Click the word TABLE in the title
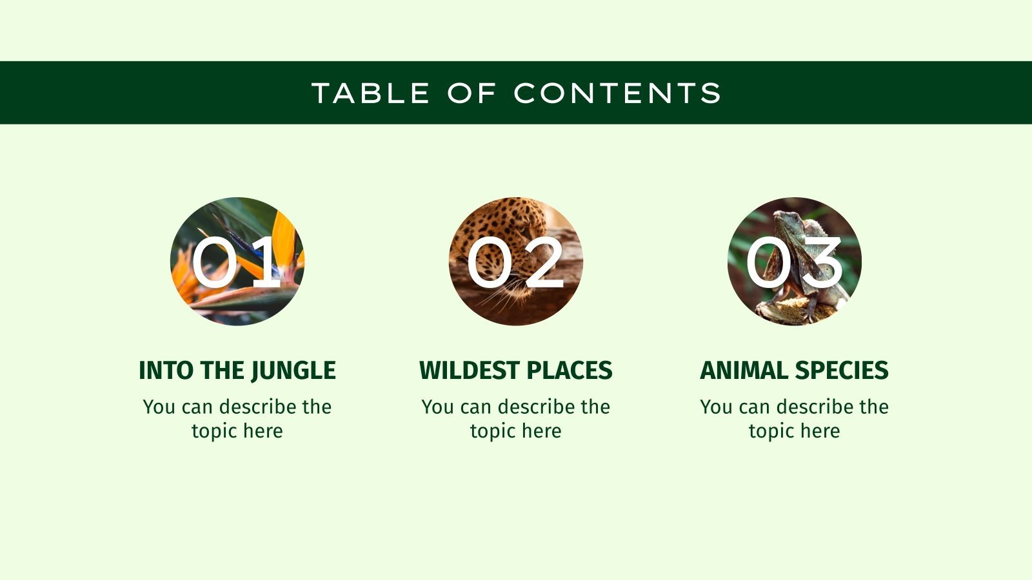371,93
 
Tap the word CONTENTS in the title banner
617,93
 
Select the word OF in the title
471,93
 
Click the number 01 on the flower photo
235,262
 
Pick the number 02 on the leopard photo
515,262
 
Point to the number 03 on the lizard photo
794,262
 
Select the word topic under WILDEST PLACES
491,431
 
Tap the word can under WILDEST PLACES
476,407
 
